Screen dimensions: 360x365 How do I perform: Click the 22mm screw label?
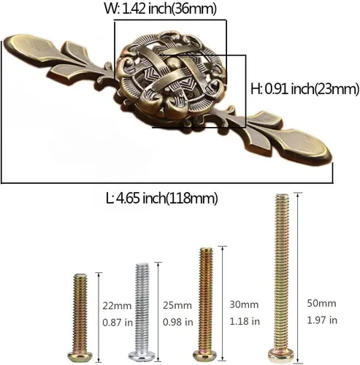pyautogui.click(x=117, y=306)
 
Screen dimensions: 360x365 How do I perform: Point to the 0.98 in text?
pyautogui.click(x=177, y=322)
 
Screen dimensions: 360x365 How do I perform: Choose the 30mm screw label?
pyautogui.click(x=244, y=304)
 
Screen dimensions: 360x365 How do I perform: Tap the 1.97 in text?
pyautogui.click(x=322, y=320)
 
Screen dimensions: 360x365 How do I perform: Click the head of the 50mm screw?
pyautogui.click(x=281, y=356)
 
